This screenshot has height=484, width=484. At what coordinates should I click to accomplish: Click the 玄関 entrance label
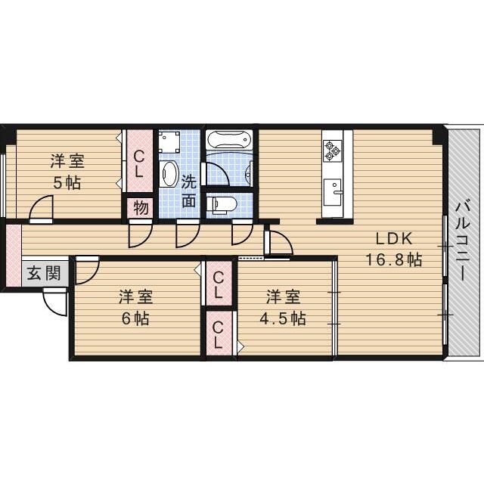[x=42, y=273]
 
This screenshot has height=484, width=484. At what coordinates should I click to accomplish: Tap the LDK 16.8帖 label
[x=394, y=249]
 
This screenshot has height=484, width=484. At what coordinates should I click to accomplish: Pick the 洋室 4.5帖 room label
[x=284, y=307]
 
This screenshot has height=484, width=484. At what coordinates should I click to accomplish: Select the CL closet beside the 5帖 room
[x=141, y=163]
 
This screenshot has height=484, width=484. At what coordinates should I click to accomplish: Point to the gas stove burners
[x=333, y=150]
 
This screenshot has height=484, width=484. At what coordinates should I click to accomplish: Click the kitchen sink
[x=332, y=188]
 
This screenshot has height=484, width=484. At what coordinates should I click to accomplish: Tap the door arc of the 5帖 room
[x=42, y=209]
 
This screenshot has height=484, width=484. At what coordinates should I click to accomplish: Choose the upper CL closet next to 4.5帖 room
[x=219, y=284]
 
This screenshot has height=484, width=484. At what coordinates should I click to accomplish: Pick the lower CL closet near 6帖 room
[x=219, y=333]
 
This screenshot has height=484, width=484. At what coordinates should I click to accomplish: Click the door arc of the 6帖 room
[x=87, y=269]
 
